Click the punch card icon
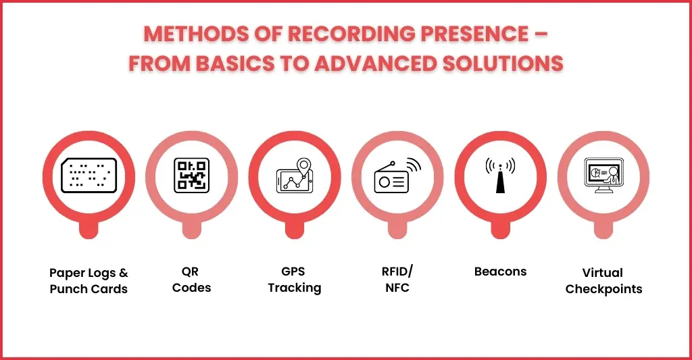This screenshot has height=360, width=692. (x=89, y=176)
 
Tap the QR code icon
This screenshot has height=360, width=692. (x=191, y=176)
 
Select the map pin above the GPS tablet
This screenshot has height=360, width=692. (x=303, y=167)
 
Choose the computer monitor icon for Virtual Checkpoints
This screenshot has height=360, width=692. (x=603, y=176)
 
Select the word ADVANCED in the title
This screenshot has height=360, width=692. (x=376, y=63)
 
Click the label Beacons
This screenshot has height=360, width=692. (x=501, y=272)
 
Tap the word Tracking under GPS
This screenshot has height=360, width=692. (x=295, y=288)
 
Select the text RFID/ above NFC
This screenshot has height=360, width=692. (x=397, y=271)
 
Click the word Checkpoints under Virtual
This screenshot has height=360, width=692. (x=603, y=289)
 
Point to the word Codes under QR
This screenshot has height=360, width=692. (x=191, y=288)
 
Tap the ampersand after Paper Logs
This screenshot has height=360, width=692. (x=124, y=273)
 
